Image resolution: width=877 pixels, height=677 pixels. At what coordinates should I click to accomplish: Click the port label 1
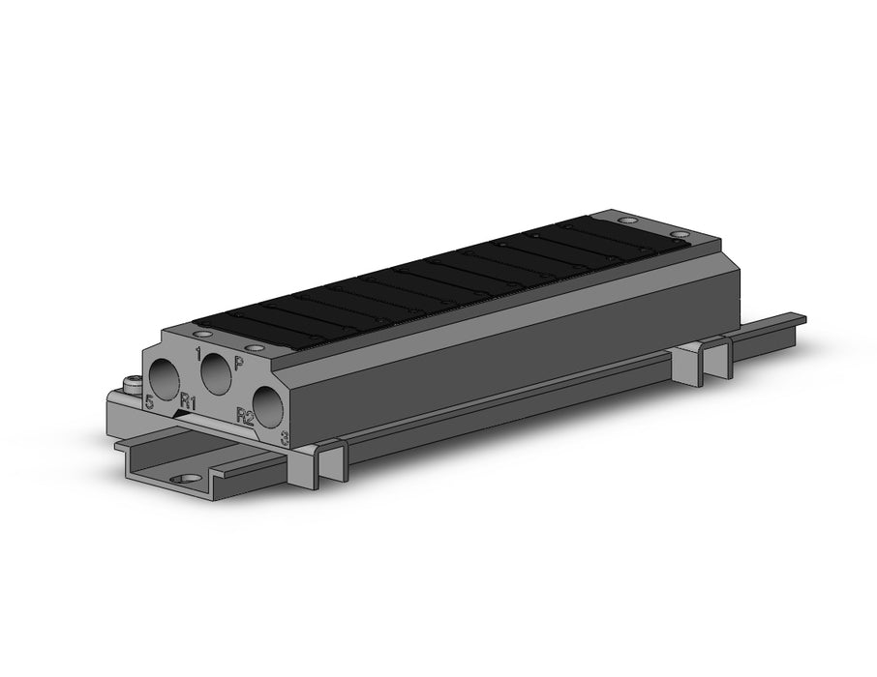(x=198, y=354)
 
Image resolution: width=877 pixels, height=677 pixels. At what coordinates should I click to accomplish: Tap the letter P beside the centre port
(x=239, y=365)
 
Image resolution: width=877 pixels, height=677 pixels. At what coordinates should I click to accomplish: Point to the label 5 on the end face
(x=149, y=401)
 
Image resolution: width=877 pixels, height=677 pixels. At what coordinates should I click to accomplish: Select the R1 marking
(x=188, y=402)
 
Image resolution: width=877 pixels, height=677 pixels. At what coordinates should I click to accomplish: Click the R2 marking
(x=245, y=417)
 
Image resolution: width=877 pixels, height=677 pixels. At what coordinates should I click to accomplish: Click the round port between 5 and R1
(x=165, y=379)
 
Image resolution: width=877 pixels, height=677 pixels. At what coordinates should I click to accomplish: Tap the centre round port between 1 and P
(x=216, y=373)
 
